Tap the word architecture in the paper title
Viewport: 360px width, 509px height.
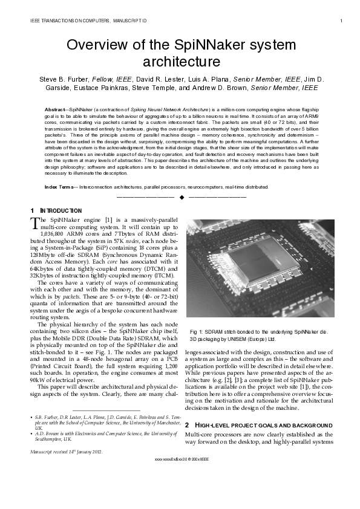180,62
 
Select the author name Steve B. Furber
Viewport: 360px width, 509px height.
64,79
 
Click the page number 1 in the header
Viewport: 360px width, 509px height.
341,21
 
